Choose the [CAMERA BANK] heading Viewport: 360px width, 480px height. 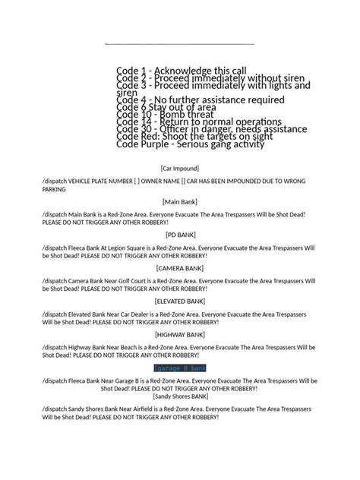pyautogui.click(x=180, y=267)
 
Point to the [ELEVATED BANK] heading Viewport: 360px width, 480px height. pyautogui.click(x=180, y=301)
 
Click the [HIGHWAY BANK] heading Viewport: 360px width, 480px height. pyautogui.click(x=180, y=334)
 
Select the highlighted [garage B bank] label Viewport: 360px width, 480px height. pyautogui.click(x=180, y=368)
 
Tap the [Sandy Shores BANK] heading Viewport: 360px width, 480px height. pyautogui.click(x=180, y=396)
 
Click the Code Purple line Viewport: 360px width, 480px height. pyautogui.click(x=191, y=144)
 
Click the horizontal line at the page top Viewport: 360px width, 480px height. pyautogui.click(x=180, y=43)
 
